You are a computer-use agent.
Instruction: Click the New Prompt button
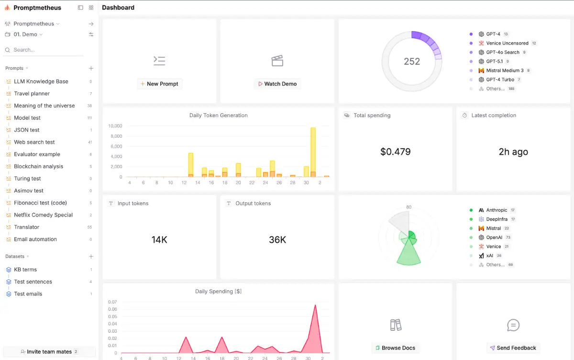[159, 84]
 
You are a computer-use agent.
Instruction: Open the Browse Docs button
[396, 348]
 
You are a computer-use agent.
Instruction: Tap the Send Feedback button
[513, 348]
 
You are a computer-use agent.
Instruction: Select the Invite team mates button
[49, 351]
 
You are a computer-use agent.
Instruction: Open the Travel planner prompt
[32, 93]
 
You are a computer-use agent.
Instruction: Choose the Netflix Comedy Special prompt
[43, 215]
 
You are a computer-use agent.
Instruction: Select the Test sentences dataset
[33, 282]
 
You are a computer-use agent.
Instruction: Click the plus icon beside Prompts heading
[91, 68]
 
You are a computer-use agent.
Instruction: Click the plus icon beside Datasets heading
[91, 256]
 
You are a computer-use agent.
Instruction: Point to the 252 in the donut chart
[412, 62]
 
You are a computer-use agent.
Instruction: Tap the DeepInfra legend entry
[493, 219]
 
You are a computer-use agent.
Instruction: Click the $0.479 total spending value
[396, 152]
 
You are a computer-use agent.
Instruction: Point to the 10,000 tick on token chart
[115, 126]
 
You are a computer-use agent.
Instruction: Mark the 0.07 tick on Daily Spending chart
[112, 302]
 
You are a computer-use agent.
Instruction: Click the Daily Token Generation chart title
[218, 115]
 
